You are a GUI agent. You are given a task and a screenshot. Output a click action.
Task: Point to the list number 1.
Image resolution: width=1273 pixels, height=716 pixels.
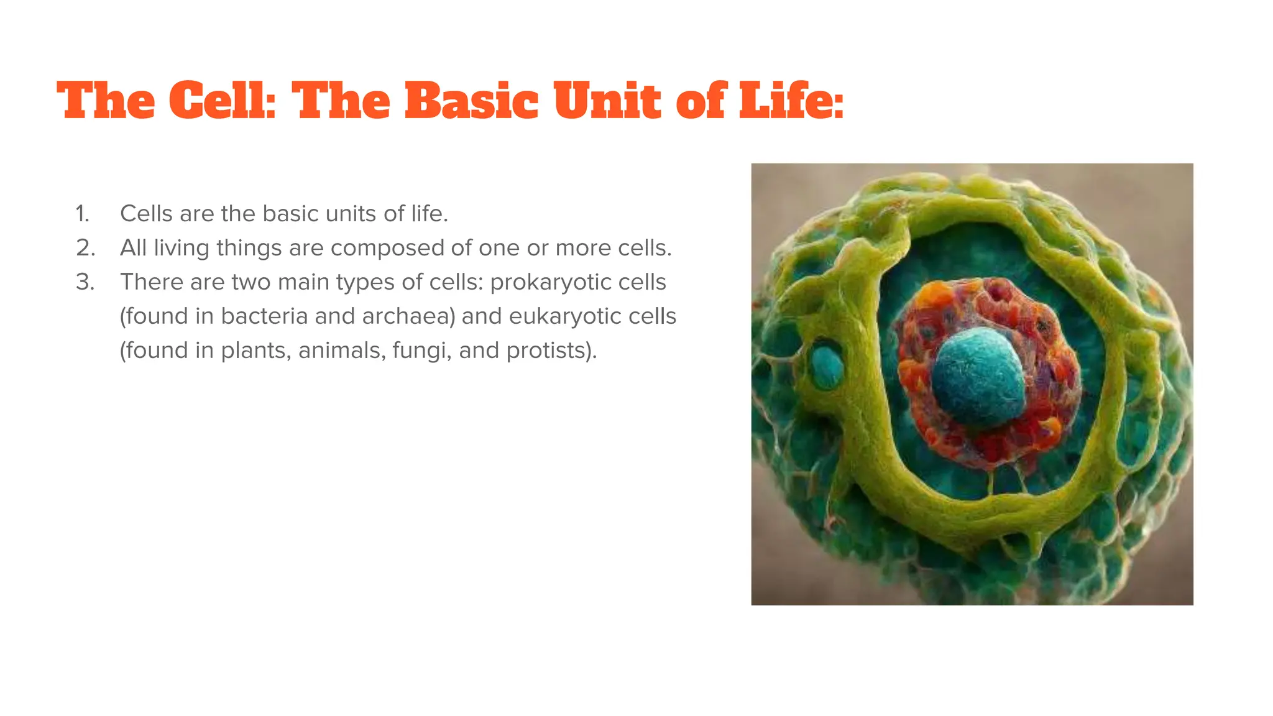pos(83,214)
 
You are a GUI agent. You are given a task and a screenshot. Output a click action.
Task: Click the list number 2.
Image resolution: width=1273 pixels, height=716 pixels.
pos(85,248)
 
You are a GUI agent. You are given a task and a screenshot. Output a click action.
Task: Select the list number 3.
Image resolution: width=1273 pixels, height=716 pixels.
pos(85,282)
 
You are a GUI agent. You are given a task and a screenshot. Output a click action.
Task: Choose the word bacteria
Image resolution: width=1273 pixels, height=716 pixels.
pos(265,316)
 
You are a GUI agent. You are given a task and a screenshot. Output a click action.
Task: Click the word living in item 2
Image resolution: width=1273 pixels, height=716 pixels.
pos(182,249)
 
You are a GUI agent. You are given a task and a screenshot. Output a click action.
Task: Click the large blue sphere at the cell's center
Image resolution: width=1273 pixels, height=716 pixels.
pos(978,377)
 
